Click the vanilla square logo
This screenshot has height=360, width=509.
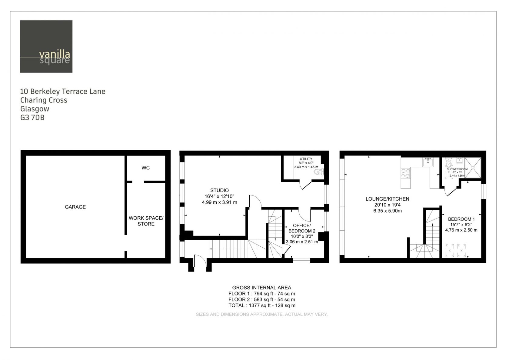46,46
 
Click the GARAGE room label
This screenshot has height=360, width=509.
75,207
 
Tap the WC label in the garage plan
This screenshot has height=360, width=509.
146,168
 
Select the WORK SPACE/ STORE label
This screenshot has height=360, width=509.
146,221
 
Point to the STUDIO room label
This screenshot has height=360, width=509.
219,190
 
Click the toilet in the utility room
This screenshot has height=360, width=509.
319,172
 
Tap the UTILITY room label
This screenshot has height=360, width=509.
306,159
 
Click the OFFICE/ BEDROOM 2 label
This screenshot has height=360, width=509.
302,228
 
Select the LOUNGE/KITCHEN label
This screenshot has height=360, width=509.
388,199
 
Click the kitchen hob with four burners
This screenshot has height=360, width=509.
406,173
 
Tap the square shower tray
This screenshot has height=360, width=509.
473,168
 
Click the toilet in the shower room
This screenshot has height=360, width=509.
448,163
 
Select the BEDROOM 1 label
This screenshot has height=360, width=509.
461,219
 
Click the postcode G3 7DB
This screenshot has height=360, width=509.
32,118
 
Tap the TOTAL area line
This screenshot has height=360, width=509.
262,305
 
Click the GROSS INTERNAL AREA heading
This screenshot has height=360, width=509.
261,288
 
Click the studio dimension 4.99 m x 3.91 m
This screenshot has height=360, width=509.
219,202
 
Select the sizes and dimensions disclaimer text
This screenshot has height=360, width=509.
262,314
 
